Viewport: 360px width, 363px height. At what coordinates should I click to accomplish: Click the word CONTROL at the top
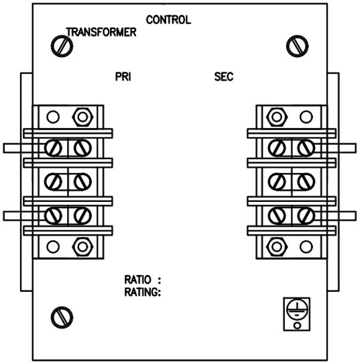point(168,20)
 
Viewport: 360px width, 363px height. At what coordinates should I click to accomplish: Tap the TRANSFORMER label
point(101,32)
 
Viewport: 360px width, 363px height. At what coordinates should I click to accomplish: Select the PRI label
point(123,77)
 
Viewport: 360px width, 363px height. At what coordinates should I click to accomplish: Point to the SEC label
point(224,77)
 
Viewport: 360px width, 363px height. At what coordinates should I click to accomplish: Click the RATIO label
point(138,280)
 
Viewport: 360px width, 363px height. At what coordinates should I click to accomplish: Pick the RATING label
point(143,292)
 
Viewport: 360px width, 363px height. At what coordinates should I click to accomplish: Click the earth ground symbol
point(297,309)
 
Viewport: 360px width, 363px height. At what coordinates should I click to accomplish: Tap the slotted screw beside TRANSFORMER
point(62,46)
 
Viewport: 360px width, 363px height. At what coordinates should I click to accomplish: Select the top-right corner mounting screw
point(297,46)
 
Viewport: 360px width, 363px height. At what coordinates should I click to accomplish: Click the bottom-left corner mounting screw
point(62,317)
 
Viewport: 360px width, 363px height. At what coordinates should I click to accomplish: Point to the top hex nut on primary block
point(82,117)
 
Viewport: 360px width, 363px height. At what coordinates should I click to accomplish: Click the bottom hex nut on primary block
point(82,247)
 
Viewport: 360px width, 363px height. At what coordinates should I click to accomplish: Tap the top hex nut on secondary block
point(277,117)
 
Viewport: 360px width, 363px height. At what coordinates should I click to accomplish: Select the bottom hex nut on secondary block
point(277,247)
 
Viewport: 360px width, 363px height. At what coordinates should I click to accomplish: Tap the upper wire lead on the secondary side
point(335,148)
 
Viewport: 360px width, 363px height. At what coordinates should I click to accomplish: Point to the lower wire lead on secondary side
point(335,216)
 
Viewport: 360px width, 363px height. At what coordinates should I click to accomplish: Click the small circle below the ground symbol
point(297,325)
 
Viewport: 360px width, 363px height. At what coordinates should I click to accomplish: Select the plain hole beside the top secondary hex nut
point(306,117)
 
